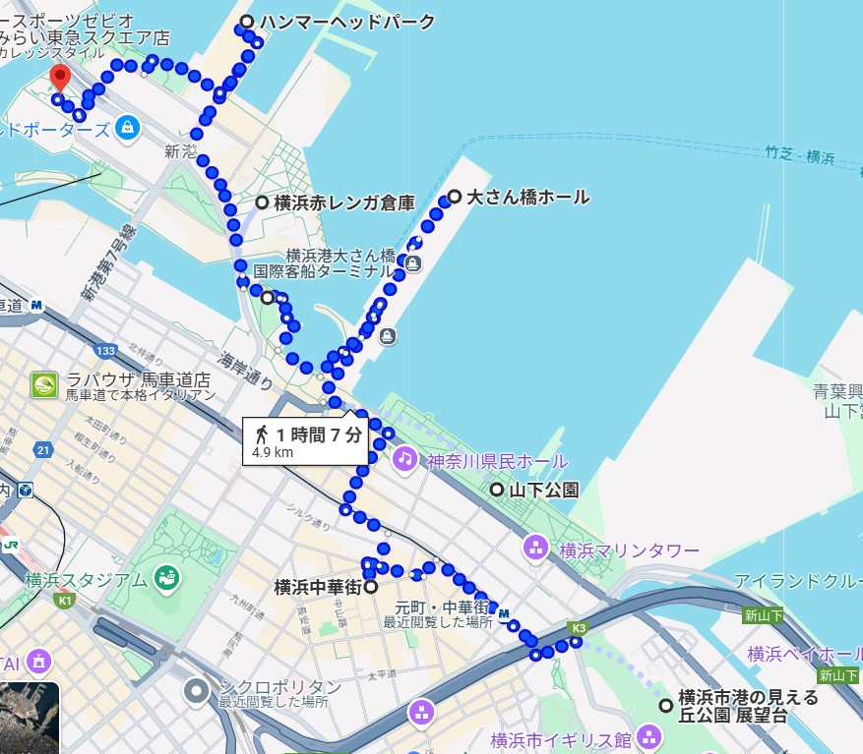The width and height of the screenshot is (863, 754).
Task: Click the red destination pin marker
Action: [60, 77]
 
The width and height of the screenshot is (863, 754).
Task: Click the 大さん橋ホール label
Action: [527, 197]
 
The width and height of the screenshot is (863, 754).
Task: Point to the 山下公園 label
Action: [543, 490]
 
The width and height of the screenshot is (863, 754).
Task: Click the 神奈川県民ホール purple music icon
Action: [404, 458]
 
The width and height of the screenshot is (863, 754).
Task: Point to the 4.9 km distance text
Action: [273, 453]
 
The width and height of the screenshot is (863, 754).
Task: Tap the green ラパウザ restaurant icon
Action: [44, 384]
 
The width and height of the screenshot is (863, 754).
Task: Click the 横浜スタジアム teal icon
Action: [166, 579]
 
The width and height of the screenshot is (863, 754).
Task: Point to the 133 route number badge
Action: [106, 351]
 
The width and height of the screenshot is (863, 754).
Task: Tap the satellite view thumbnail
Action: [30, 717]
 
